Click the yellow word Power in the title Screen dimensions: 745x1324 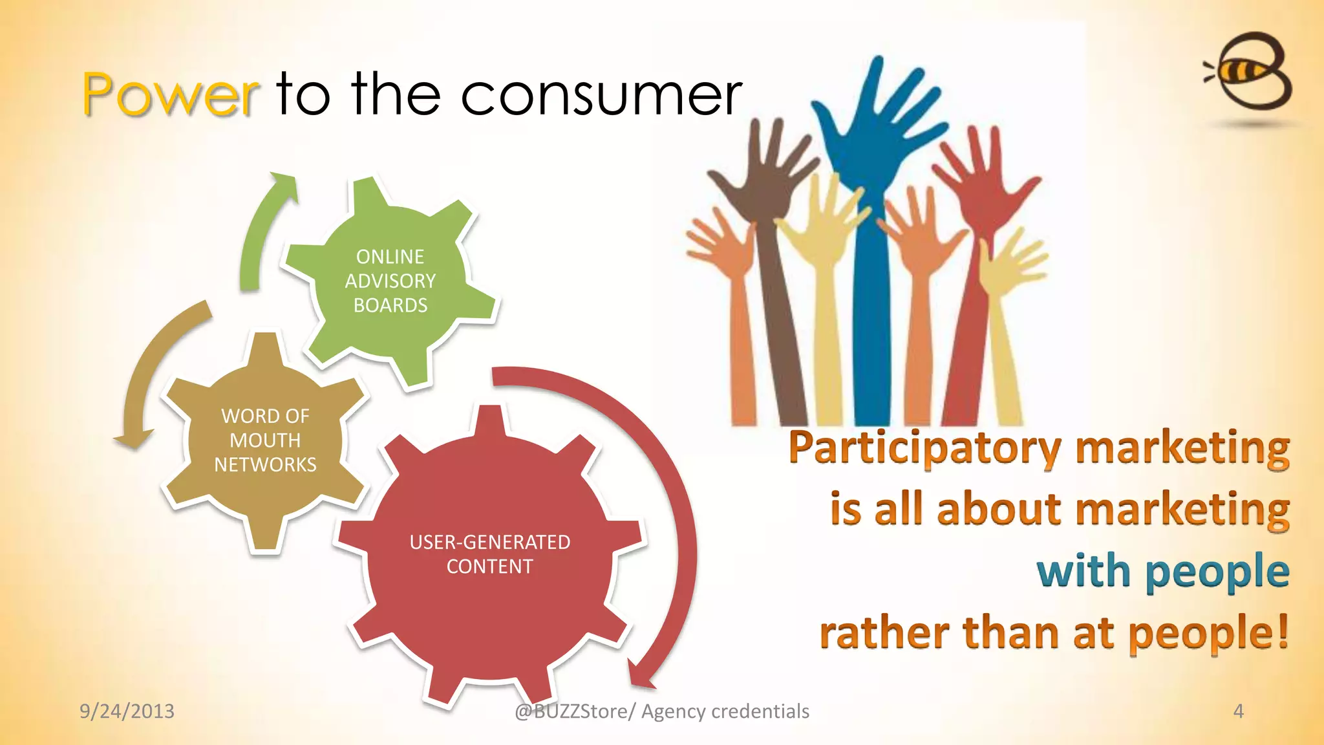pyautogui.click(x=171, y=95)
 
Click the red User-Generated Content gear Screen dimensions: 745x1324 pyautogui.click(x=489, y=555)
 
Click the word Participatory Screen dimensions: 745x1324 pyautogui.click(x=924, y=448)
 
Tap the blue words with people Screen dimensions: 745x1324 pyautogui.click(x=1162, y=572)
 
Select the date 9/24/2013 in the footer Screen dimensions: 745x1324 pyautogui.click(x=127, y=711)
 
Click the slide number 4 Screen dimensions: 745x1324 pyautogui.click(x=1238, y=711)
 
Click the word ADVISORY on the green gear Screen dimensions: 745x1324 pyautogui.click(x=390, y=281)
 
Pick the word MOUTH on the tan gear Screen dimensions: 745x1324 pyautogui.click(x=265, y=440)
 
